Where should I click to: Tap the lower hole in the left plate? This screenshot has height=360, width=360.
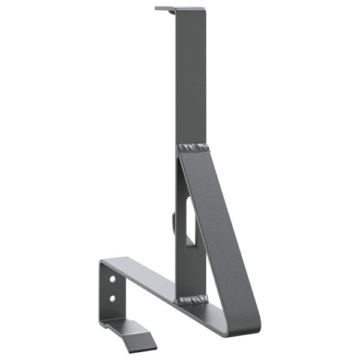coord(112,298)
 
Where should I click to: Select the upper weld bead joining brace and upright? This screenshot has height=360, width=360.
coord(193,147)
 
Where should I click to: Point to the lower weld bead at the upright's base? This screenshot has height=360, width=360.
coord(193,299)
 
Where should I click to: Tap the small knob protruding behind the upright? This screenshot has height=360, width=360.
coord(173,223)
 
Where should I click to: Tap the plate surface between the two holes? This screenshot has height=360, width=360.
coord(112,289)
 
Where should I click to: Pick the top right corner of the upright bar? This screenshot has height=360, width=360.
coord(203,9)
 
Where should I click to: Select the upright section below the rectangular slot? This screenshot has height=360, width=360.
coord(191,270)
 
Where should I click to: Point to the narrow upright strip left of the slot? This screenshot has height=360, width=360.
coord(181,216)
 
